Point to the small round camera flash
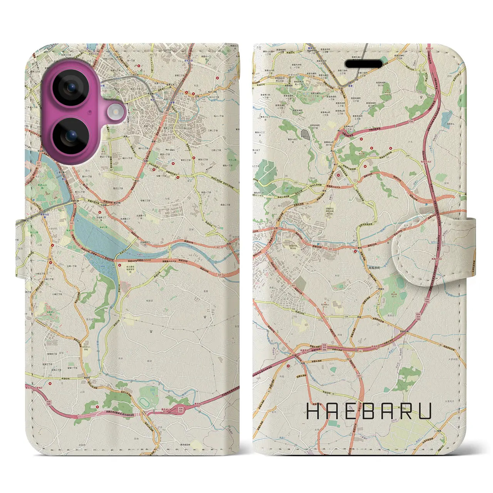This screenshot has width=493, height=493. click(x=114, y=112)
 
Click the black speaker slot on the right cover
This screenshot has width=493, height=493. click(x=364, y=64)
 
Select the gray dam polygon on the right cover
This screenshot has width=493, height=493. click(x=305, y=134)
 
